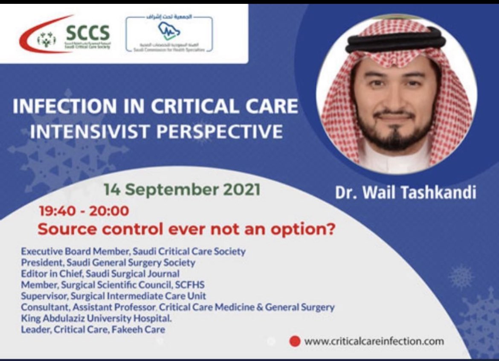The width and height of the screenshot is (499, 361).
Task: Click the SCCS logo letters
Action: tap(88, 32)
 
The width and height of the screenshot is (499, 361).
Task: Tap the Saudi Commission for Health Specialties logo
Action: tap(169, 32)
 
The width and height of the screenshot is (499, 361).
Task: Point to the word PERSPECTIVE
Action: tap(219, 131)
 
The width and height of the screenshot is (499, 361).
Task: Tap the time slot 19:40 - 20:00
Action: tap(84, 211)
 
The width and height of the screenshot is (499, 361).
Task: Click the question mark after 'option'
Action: tap(329, 229)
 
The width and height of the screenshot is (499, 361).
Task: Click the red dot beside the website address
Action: tap(295, 341)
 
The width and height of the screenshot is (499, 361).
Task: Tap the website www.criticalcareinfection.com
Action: tap(374, 341)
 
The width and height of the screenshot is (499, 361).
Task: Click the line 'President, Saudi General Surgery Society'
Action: tap(108, 262)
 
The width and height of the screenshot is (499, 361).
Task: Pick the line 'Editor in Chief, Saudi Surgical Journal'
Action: tap(100, 273)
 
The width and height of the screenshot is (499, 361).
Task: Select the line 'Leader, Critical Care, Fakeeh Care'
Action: tap(93, 329)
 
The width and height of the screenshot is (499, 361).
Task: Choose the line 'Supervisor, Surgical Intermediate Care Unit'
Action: tap(113, 296)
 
